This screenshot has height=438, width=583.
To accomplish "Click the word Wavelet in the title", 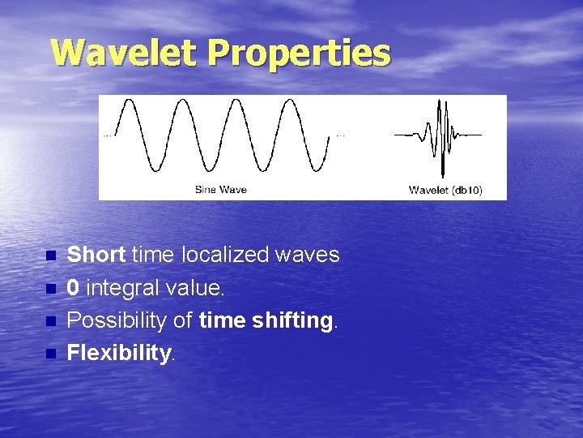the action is [123, 52].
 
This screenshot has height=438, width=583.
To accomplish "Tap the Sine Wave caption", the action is [221, 190].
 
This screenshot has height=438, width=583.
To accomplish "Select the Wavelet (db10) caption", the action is [445, 191].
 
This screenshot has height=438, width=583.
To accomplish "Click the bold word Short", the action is [96, 255].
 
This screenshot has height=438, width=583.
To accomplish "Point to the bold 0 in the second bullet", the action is [73, 287].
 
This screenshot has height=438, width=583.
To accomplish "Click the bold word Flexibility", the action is [119, 352].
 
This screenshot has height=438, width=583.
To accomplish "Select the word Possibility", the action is [117, 320].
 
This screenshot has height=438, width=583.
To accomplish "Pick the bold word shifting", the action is [292, 320].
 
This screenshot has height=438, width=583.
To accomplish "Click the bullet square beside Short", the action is [51, 255].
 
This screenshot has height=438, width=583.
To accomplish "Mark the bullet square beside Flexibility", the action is [51, 354].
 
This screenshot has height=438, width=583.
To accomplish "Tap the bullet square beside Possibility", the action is [51, 321].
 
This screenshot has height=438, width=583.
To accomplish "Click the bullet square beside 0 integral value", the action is [51, 289].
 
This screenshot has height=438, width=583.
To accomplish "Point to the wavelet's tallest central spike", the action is [442, 139].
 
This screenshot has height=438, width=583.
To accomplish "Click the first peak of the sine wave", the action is [129, 100].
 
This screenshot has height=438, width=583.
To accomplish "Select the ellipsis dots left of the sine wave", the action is [107, 136].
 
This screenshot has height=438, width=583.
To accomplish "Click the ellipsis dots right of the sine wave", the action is [341, 136].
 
